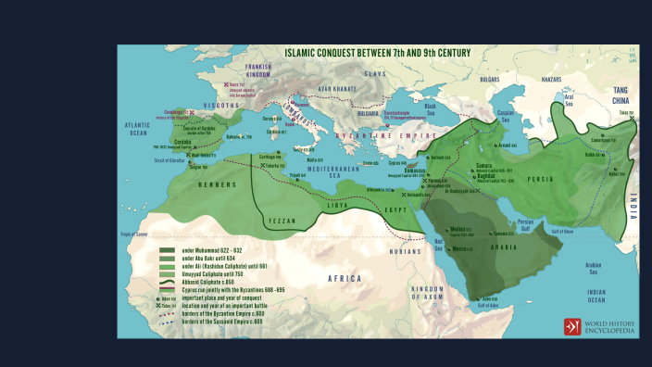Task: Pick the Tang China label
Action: click(x=622, y=91)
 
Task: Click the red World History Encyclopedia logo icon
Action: click(x=572, y=326)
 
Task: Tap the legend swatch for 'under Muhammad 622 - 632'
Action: click(x=167, y=249)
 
